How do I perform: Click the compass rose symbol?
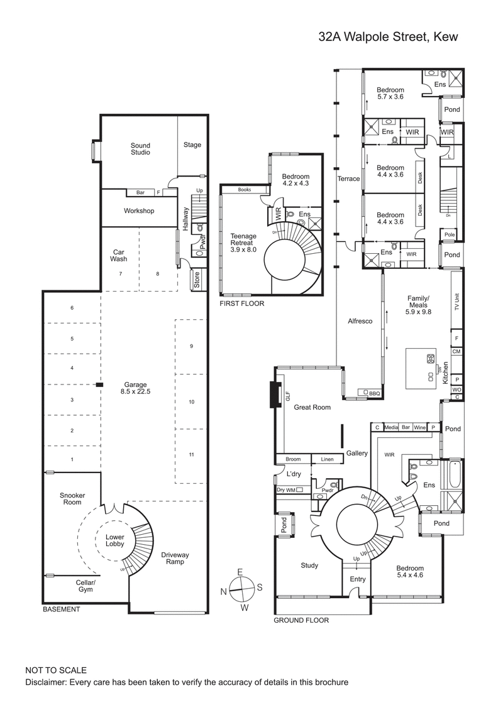[240, 589]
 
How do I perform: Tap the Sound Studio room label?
[140, 148]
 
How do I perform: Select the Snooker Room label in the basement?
[72, 498]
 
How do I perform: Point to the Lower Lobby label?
[114, 541]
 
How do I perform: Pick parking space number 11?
[191, 454]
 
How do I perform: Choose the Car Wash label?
[119, 254]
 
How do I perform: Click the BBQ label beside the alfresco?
[375, 393]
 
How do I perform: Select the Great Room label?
[312, 407]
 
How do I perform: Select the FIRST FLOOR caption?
[241, 303]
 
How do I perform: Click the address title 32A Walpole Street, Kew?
[388, 38]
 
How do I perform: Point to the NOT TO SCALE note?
[56, 670]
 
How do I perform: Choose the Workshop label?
[139, 211]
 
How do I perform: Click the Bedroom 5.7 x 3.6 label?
[390, 93]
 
